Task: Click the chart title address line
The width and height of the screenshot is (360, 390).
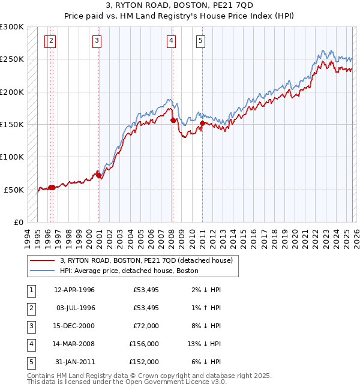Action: point(179,6)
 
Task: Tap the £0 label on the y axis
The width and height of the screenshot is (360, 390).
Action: point(18,222)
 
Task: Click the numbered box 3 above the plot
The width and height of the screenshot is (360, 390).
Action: point(97,41)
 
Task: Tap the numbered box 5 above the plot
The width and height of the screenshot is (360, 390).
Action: point(200,41)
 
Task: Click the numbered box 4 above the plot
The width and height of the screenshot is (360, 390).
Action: point(171,41)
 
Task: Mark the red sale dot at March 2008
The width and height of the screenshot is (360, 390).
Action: point(173,121)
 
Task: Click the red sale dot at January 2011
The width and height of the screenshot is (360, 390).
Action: point(202,124)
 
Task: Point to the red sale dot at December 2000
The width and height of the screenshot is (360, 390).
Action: point(98,175)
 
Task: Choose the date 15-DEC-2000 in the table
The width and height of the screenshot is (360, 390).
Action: point(74,326)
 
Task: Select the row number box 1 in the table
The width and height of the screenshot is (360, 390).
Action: point(30,290)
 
